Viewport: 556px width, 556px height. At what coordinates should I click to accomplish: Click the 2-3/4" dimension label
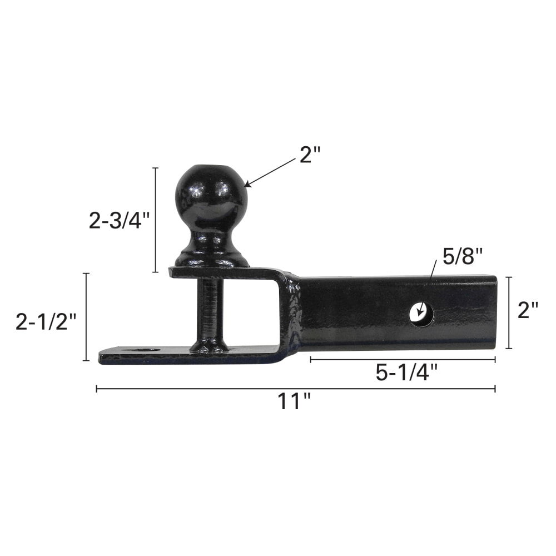(x=120, y=221)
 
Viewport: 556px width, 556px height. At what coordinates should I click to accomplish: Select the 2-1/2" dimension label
(x=46, y=322)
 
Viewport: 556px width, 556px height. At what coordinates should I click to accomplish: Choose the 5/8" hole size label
(x=462, y=257)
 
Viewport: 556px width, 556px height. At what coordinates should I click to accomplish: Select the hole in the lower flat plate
(x=146, y=351)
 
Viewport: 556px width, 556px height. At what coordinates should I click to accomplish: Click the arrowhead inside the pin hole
(x=421, y=314)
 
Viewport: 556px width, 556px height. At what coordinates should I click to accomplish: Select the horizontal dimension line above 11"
(x=295, y=389)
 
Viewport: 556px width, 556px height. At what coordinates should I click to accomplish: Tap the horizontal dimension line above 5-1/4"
(x=403, y=360)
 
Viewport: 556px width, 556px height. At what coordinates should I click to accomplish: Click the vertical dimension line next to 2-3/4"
(x=155, y=220)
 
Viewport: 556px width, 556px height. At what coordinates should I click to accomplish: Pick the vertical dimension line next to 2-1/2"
(x=86, y=317)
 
